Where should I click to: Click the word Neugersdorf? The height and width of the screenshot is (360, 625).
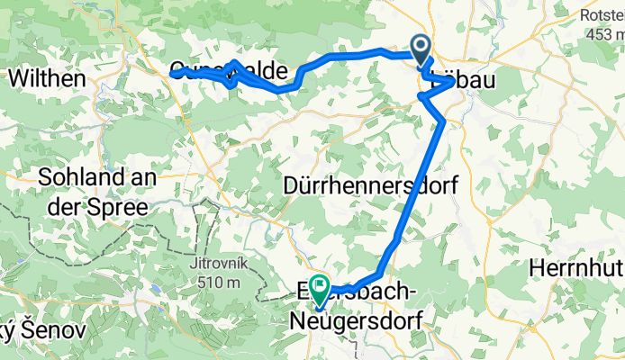358,319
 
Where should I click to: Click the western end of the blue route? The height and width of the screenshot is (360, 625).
171,74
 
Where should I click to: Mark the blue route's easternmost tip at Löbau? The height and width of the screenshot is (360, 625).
452,82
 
